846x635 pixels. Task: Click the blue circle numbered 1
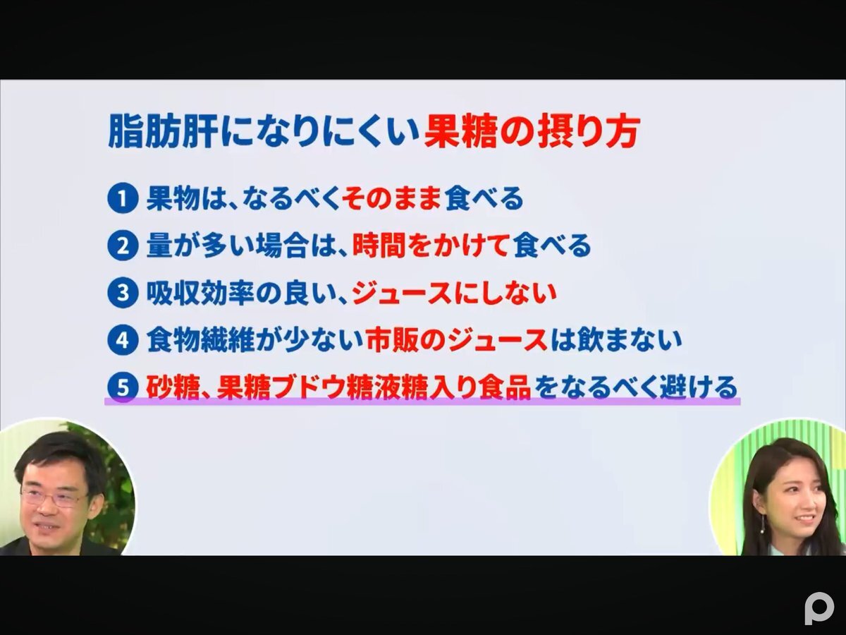point(123,200)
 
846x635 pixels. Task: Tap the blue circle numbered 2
point(123,246)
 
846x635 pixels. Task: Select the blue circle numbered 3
point(123,294)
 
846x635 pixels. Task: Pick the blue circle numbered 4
point(123,340)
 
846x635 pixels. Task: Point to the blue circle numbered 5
point(123,387)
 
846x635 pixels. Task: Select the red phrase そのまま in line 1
point(391,200)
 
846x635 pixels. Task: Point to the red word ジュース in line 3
point(401,294)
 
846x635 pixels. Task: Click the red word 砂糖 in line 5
point(170,387)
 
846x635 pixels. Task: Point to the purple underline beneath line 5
point(422,401)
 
